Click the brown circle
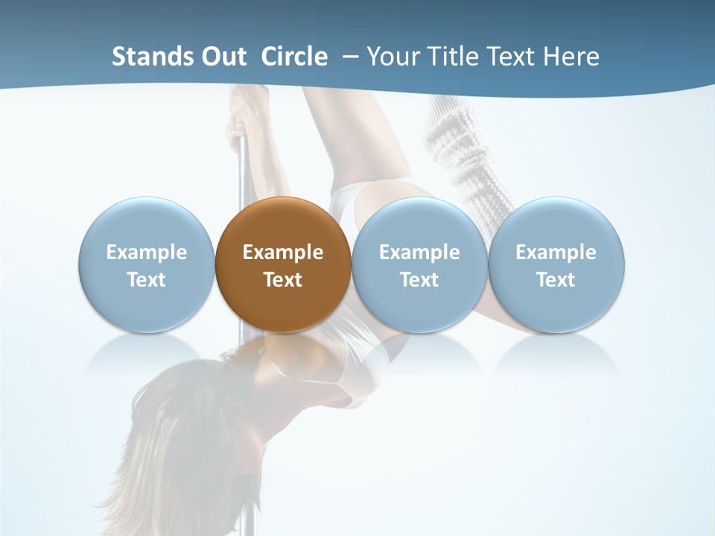pyautogui.click(x=283, y=264)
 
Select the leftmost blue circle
pyautogui.click(x=146, y=264)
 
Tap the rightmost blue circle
pyautogui.click(x=556, y=264)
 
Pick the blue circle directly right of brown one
pyautogui.click(x=419, y=264)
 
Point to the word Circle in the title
pyautogui.click(x=294, y=57)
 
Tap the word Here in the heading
pyautogui.click(x=571, y=57)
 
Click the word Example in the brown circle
pyautogui.click(x=283, y=252)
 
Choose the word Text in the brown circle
pyautogui.click(x=283, y=280)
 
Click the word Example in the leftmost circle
pyautogui.click(x=146, y=252)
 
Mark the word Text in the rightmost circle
pyautogui.click(x=556, y=280)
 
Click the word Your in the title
pyautogui.click(x=390, y=57)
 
